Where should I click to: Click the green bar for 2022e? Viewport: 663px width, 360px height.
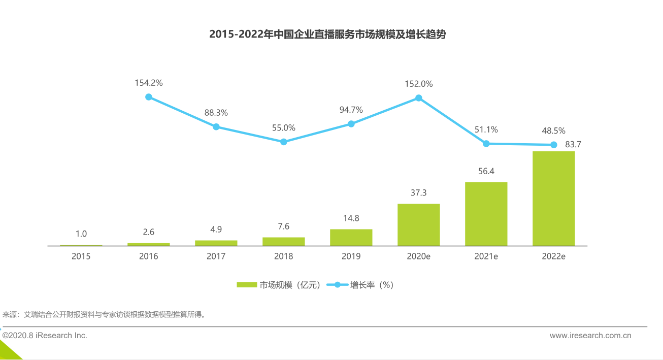pyautogui.click(x=553, y=198)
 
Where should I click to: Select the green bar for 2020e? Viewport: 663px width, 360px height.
pyautogui.click(x=418, y=224)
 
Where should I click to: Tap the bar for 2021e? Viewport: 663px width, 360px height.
pyautogui.click(x=486, y=214)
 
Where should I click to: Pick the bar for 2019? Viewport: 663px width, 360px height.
pyautogui.click(x=351, y=237)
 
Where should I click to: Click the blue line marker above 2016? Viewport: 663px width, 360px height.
pyautogui.click(x=149, y=96)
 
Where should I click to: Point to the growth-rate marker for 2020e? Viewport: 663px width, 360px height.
pyautogui.click(x=419, y=97)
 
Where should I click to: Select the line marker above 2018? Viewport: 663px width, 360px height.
pyautogui.click(x=284, y=142)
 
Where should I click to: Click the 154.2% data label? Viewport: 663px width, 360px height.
pyautogui.click(x=149, y=83)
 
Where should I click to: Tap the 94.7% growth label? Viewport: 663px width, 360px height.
pyautogui.click(x=351, y=110)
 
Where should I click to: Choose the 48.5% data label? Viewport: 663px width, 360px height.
pyautogui.click(x=553, y=130)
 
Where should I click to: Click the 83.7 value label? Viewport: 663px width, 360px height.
pyautogui.click(x=573, y=144)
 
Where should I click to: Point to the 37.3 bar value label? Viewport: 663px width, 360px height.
pyautogui.click(x=418, y=193)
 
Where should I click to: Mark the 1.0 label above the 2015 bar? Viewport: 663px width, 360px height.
pyautogui.click(x=81, y=234)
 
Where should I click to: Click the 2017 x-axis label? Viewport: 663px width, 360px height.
pyautogui.click(x=216, y=256)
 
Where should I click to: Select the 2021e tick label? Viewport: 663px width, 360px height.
pyautogui.click(x=486, y=256)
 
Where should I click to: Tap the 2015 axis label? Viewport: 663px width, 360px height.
pyautogui.click(x=81, y=256)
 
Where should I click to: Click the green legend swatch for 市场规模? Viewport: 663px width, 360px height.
pyautogui.click(x=247, y=285)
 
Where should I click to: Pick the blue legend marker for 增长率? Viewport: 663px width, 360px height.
pyautogui.click(x=337, y=285)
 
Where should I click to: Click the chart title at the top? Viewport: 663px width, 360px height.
pyautogui.click(x=327, y=35)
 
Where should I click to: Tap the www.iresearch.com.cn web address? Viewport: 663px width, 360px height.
pyautogui.click(x=590, y=336)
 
